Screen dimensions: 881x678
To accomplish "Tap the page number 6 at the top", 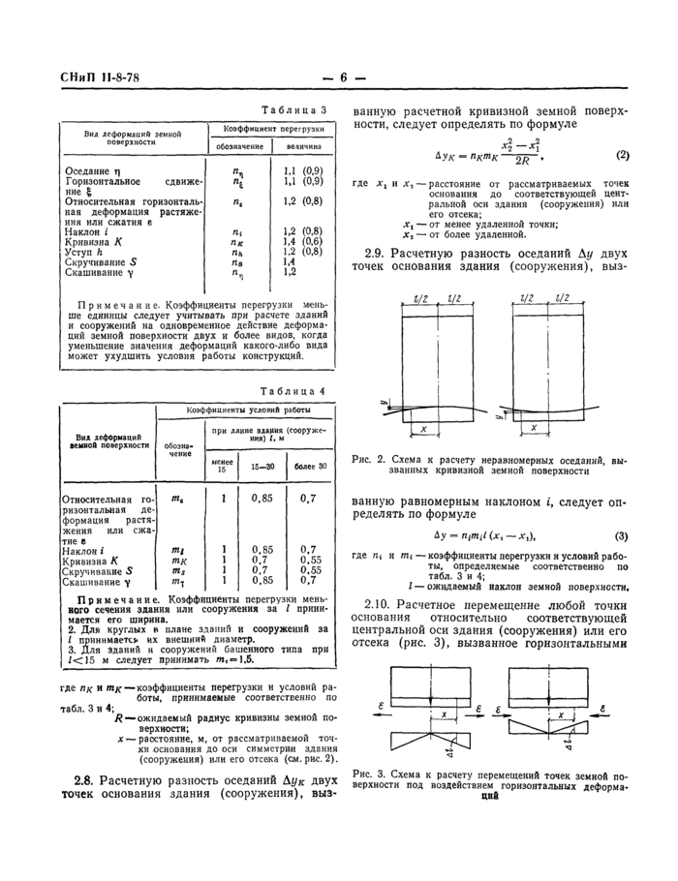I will pos(344,78).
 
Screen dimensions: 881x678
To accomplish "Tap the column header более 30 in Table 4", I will pos(310,467).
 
